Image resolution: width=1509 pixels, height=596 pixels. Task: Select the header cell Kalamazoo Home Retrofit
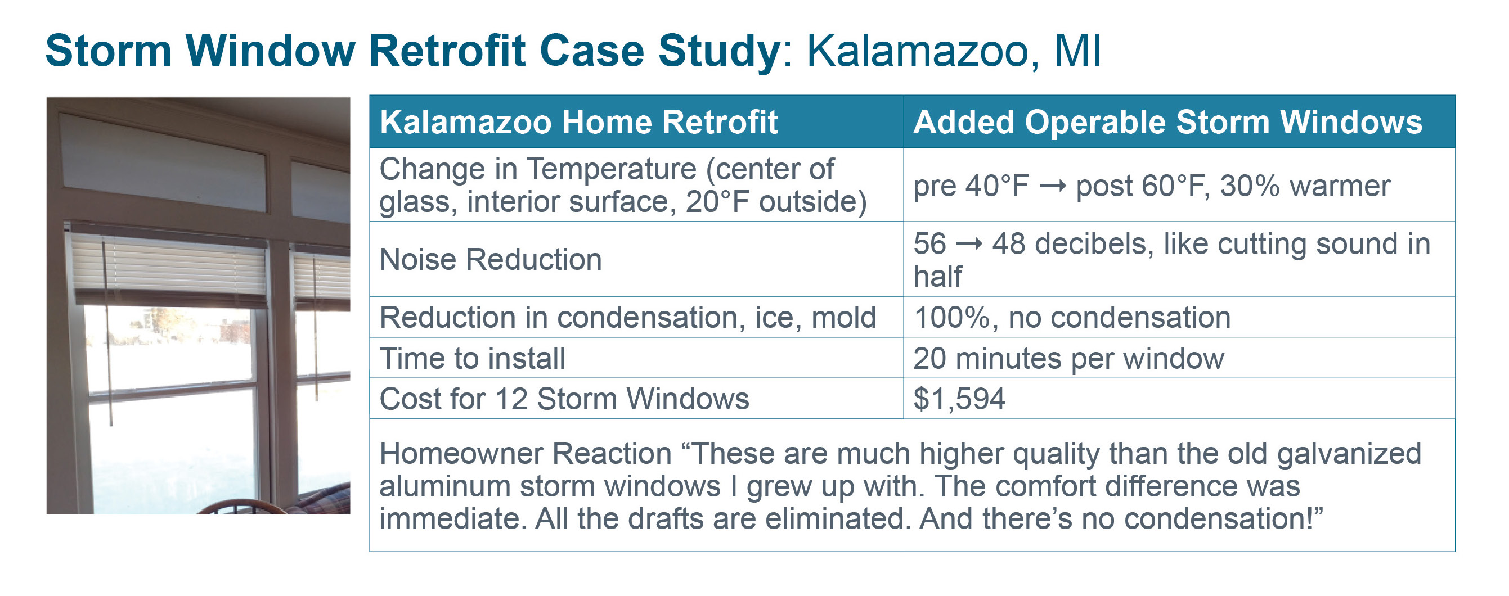pyautogui.click(x=579, y=122)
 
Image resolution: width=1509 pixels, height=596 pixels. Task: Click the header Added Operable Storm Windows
pyautogui.click(x=1167, y=122)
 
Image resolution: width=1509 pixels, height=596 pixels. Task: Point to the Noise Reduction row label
pyautogui.click(x=491, y=259)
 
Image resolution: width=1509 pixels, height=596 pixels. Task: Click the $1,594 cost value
pyautogui.click(x=959, y=399)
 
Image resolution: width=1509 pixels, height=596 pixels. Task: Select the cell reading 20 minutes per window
pyautogui.click(x=1069, y=358)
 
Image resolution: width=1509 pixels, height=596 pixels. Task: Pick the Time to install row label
pyautogui.click(x=473, y=358)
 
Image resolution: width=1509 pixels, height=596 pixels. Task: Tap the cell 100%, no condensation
pyautogui.click(x=1072, y=317)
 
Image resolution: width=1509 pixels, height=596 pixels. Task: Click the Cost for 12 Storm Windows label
pyautogui.click(x=565, y=399)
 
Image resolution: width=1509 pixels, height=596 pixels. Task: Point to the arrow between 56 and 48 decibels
pyautogui.click(x=969, y=244)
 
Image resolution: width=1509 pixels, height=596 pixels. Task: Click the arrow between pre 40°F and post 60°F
pyautogui.click(x=1053, y=186)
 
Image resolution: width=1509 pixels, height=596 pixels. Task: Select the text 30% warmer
pyautogui.click(x=1305, y=186)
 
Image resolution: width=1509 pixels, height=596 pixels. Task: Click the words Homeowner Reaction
pyautogui.click(x=526, y=453)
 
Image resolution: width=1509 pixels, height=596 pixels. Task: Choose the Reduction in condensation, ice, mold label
pyautogui.click(x=628, y=317)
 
